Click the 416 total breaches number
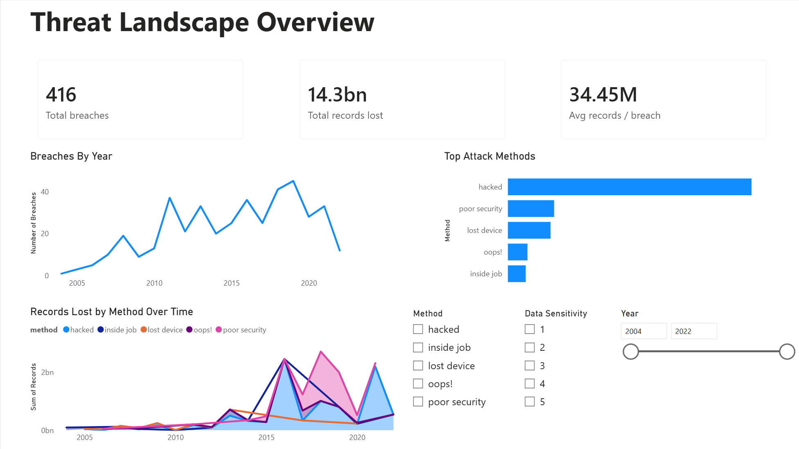tap(61, 95)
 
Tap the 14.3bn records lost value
tap(337, 95)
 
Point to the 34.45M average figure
tap(603, 95)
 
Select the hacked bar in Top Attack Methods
tap(629, 187)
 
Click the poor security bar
tap(531, 208)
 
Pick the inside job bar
tap(516, 273)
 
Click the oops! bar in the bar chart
tap(517, 252)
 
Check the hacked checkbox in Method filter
tap(418, 329)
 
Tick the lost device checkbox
tap(418, 366)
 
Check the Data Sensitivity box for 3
tap(529, 366)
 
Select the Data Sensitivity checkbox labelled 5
tap(529, 402)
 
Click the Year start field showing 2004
tap(643, 331)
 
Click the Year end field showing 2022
tap(693, 331)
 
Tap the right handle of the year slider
tap(787, 351)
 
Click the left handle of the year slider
tap(630, 351)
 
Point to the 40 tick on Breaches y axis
tap(45, 192)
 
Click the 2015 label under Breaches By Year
tap(232, 283)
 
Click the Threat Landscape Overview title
tap(202, 22)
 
